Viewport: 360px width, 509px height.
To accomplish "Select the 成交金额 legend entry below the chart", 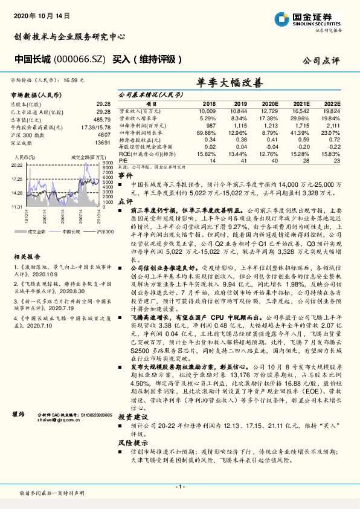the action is click(36, 231).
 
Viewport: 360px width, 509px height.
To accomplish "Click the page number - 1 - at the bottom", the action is click(179, 487).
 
